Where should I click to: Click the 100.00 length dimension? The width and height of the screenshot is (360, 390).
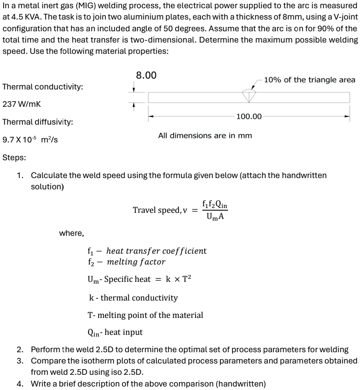249,116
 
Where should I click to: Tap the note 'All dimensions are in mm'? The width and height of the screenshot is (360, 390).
205,136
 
